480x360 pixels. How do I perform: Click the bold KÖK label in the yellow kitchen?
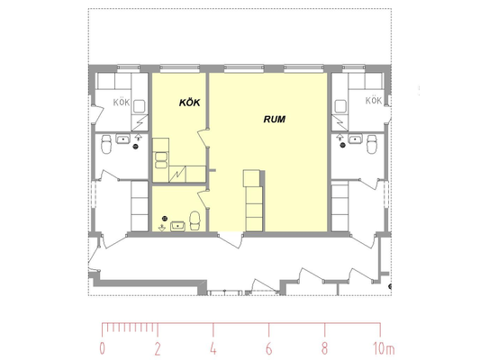[189, 103]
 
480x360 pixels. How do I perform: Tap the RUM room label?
[275, 119]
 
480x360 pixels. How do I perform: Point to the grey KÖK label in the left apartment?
[122, 103]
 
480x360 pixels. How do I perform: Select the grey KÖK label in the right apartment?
[374, 100]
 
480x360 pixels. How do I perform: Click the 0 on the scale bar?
[103, 348]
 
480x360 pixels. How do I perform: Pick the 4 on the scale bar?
[213, 348]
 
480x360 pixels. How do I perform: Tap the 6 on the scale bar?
[268, 348]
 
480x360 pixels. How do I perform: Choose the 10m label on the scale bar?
[384, 348]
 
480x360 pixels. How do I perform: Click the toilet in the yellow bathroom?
[195, 220]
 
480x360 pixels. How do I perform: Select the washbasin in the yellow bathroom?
[177, 226]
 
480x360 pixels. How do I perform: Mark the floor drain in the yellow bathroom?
[165, 218]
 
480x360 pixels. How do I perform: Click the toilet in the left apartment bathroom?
[106, 144]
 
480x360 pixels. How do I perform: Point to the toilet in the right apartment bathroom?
[372, 144]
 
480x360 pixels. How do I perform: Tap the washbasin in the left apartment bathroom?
[122, 139]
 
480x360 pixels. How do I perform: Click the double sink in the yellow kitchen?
[161, 160]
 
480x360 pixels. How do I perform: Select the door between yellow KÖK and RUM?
[204, 138]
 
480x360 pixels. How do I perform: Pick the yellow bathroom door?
[204, 200]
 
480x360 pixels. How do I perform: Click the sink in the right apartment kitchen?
[340, 106]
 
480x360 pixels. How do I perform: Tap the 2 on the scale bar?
[158, 348]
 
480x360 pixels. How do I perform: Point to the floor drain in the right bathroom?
[343, 145]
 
